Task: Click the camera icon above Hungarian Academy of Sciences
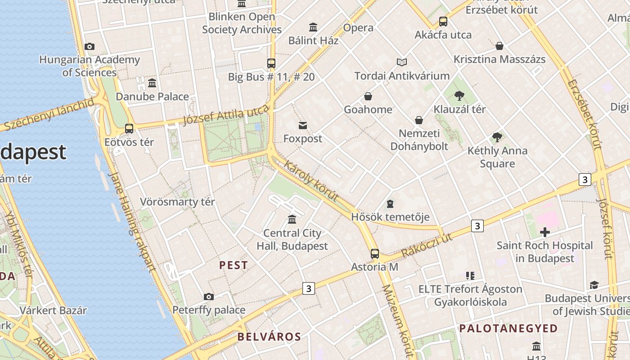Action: [x=90, y=46]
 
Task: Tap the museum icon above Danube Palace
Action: [x=152, y=83]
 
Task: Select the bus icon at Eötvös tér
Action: [x=129, y=129]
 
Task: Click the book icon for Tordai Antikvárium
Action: [x=402, y=63]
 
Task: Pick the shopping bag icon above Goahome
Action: [x=368, y=96]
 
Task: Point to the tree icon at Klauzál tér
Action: [x=459, y=96]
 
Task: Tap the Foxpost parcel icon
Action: [x=303, y=126]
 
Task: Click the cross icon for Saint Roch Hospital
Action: [x=545, y=232]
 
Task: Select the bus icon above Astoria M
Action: [x=375, y=254]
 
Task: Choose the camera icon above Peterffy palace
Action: [x=208, y=297]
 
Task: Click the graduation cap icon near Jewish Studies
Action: [x=594, y=285]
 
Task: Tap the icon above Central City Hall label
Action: [x=292, y=220]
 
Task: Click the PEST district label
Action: [x=234, y=265]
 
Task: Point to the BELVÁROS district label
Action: [x=269, y=337]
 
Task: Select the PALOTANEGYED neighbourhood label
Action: [x=508, y=328]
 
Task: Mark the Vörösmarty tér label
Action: [x=177, y=202]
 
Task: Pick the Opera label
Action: [x=358, y=28]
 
